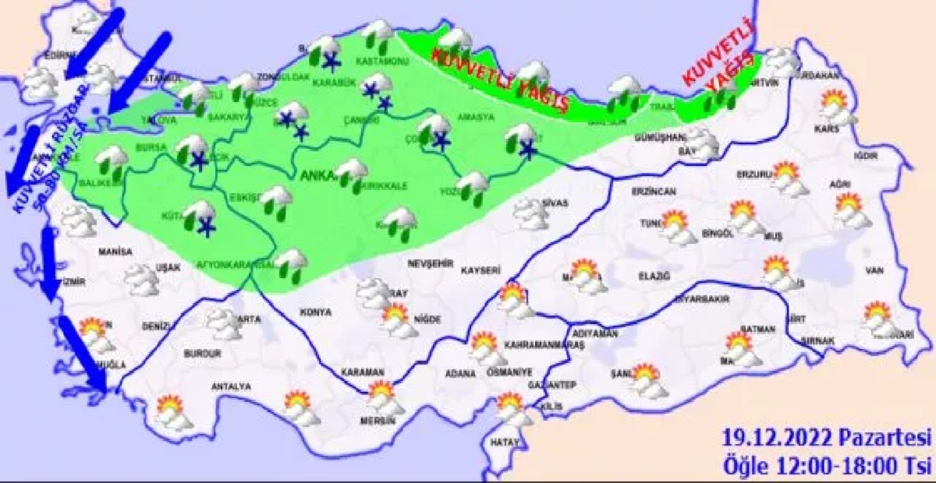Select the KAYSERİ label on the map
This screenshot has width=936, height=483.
(x=481, y=270)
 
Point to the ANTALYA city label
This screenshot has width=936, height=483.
(x=231, y=387)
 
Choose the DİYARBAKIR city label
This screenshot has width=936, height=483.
(x=702, y=300)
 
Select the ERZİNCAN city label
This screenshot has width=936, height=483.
(x=653, y=191)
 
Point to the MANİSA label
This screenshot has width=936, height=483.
(x=115, y=252)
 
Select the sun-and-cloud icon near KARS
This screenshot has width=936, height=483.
(x=836, y=106)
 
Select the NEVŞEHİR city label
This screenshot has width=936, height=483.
(x=429, y=264)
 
